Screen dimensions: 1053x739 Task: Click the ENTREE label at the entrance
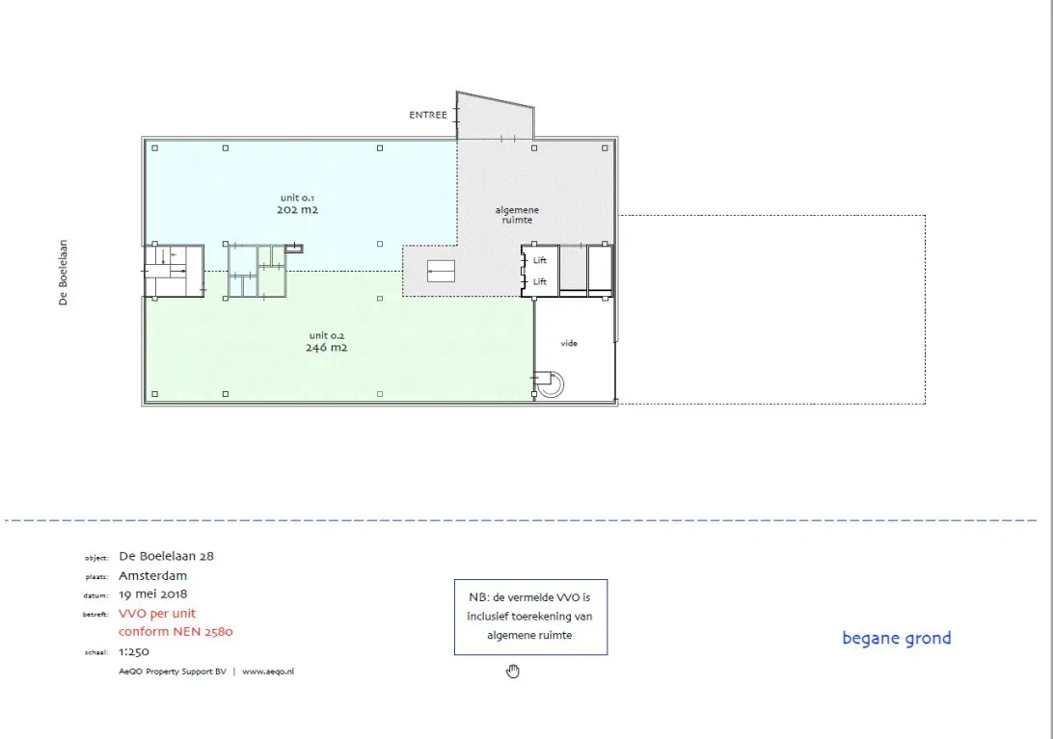[x=428, y=115]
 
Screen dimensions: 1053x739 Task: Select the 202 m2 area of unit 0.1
[x=298, y=209]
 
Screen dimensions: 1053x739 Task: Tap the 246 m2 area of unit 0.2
[x=326, y=347]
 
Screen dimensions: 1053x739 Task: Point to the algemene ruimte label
[x=517, y=215]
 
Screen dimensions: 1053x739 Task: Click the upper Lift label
[x=540, y=260]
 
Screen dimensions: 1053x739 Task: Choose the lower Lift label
[x=540, y=282]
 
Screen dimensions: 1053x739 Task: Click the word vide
[x=569, y=343]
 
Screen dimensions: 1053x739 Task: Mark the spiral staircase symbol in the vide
[x=550, y=383]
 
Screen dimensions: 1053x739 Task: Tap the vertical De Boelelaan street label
[x=63, y=273]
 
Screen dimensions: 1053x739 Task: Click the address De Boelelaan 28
[x=166, y=556]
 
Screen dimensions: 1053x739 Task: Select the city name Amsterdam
[x=153, y=575]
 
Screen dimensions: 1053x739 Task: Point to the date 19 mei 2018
[x=153, y=594]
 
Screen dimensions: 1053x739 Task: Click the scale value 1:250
[x=134, y=651]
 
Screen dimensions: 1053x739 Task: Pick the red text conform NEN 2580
[x=175, y=632]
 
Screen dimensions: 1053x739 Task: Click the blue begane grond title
[x=897, y=638]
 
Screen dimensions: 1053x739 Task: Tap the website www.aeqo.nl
[x=268, y=672]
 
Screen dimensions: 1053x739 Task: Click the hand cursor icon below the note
[x=513, y=672]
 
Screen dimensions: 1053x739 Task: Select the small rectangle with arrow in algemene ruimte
[x=442, y=271]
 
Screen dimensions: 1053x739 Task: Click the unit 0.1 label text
[x=297, y=198]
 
